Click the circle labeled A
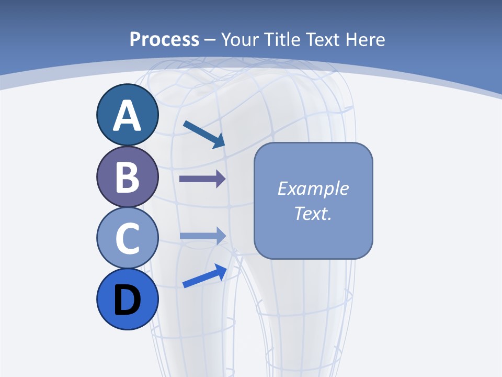coord(128,115)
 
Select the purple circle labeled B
coord(128,177)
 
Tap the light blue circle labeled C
coord(128,238)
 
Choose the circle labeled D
coord(128,300)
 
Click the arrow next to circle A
coord(204,134)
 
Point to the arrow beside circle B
coord(202,180)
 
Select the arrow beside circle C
coord(202,236)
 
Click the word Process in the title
coord(164,39)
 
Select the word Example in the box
coord(313,188)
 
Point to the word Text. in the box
coord(313,214)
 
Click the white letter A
coord(128,116)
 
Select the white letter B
coord(128,177)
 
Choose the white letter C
coord(128,238)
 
